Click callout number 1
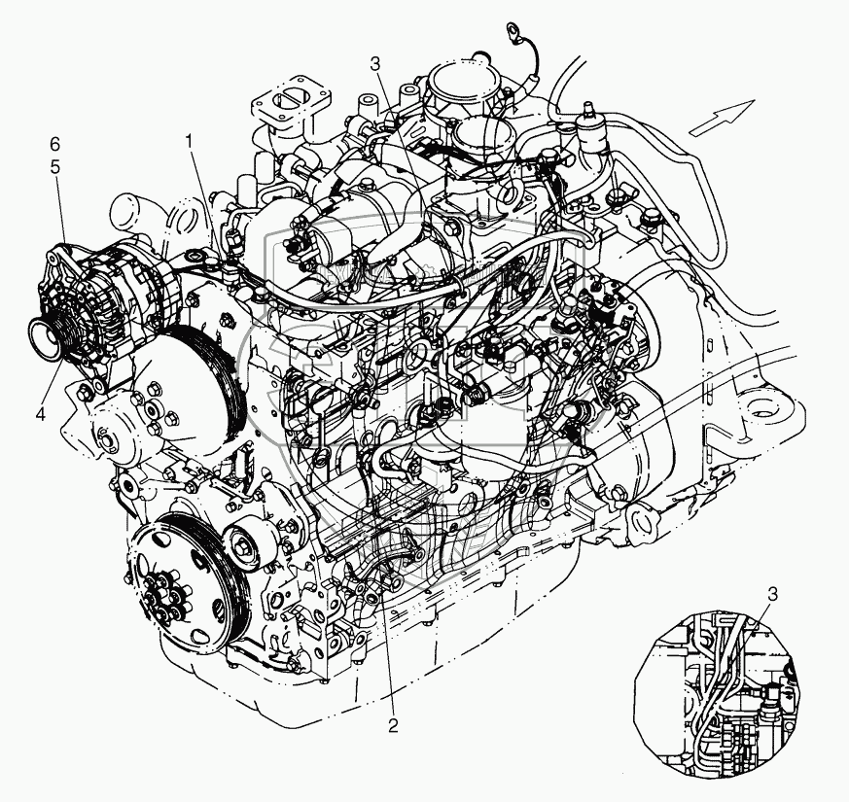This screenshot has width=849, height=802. point(189,143)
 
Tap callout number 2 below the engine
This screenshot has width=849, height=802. point(393,725)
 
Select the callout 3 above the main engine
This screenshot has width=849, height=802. point(375,64)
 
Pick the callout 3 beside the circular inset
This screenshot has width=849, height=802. point(772,594)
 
